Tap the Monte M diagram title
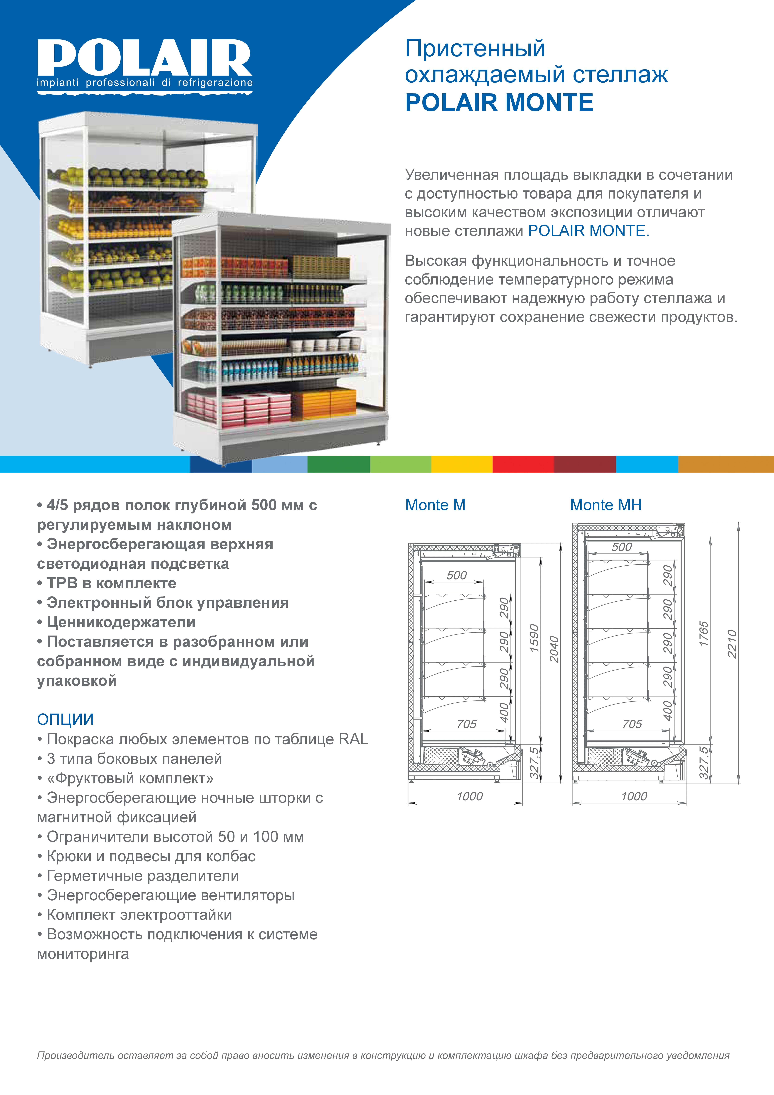pyautogui.click(x=435, y=505)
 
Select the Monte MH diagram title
pyautogui.click(x=606, y=505)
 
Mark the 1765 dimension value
pyautogui.click(x=704, y=634)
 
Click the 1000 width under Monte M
pyautogui.click(x=470, y=796)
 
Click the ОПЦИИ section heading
pyautogui.click(x=65, y=719)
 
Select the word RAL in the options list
pyautogui.click(x=353, y=739)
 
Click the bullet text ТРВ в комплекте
pyautogui.click(x=112, y=583)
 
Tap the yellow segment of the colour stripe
pyautogui.click(x=462, y=464)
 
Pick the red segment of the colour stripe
pyautogui.click(x=523, y=464)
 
